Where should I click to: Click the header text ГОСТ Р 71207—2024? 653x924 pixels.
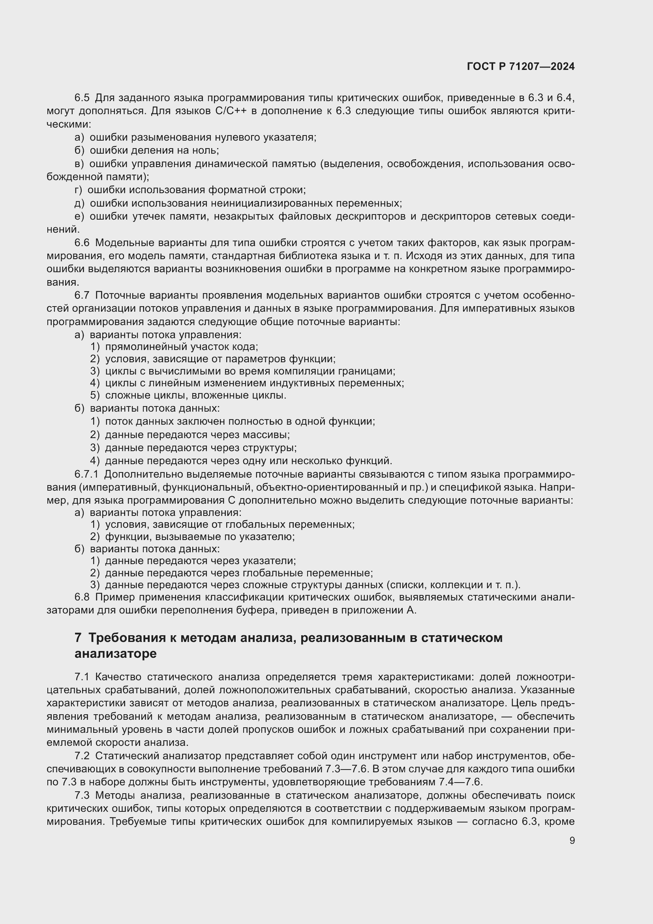click(x=521, y=66)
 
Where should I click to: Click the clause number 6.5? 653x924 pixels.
click(x=82, y=98)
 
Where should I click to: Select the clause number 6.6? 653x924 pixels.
click(x=82, y=243)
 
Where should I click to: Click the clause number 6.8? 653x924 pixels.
click(x=82, y=597)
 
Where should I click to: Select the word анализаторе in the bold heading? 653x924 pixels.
click(x=115, y=653)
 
